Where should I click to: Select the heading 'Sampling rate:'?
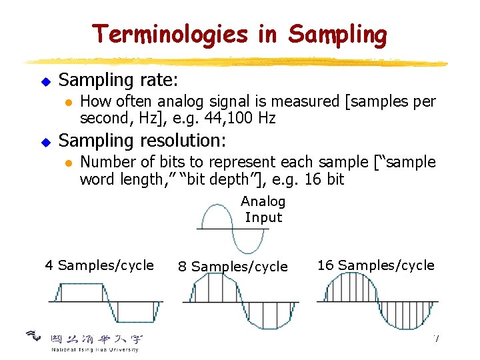point(119,80)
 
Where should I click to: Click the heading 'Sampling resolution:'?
point(143,141)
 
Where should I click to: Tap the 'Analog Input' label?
point(263,209)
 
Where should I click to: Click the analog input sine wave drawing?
point(231,229)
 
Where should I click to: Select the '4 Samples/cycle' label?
point(99,265)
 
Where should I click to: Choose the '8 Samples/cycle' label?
point(233,267)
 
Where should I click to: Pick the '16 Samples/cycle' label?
point(375,265)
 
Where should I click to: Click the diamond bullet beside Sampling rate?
point(46,81)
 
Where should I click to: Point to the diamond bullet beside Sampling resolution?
point(46,142)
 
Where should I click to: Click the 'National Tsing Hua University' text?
point(95,349)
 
